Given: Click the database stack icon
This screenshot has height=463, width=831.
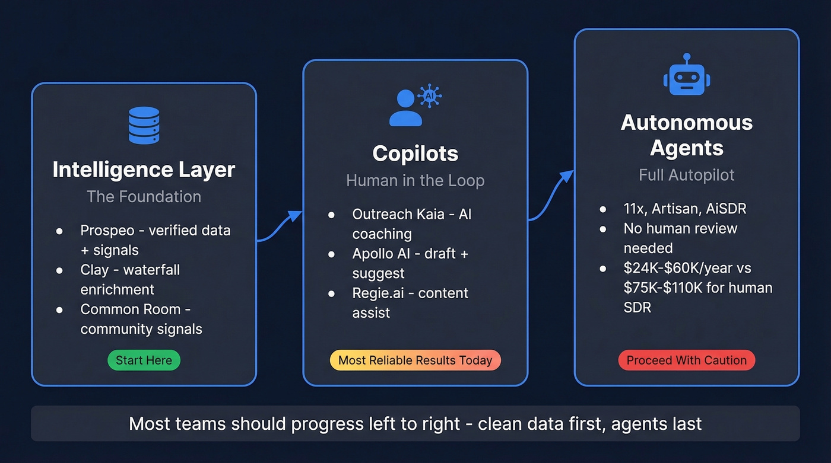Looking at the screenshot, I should pyautogui.click(x=144, y=125).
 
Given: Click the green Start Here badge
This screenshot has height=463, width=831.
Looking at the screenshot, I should pyautogui.click(x=144, y=360).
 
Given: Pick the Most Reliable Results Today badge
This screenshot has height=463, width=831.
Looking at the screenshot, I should pyautogui.click(x=415, y=360).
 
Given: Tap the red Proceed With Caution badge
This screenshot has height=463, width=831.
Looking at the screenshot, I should pyautogui.click(x=687, y=360).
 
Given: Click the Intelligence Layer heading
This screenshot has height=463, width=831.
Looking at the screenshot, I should pyautogui.click(x=144, y=170).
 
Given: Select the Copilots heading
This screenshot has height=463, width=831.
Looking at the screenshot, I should pyautogui.click(x=415, y=154).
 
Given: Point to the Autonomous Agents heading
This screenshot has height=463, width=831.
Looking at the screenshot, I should pyautogui.click(x=687, y=135).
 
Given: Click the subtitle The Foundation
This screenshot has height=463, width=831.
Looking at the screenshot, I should pyautogui.click(x=144, y=197).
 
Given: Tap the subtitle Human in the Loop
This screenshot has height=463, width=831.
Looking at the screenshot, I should pyautogui.click(x=415, y=180).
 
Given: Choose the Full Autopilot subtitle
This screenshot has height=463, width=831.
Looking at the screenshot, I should pyautogui.click(x=687, y=175).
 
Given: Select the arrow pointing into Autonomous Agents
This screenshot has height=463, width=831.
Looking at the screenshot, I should pyautogui.click(x=551, y=195).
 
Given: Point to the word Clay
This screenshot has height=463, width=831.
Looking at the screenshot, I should pyautogui.click(x=94, y=270).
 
